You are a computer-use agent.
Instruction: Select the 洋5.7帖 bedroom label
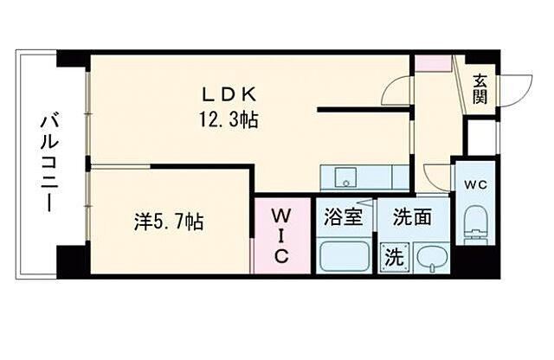[170, 222]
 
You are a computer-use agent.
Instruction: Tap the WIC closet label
[282, 235]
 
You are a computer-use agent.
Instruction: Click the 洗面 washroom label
[411, 217]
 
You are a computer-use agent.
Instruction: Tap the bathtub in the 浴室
[343, 256]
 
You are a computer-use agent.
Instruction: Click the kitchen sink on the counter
[343, 177]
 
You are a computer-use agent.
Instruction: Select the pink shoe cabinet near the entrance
[432, 63]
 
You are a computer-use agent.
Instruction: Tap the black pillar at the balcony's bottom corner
[72, 260]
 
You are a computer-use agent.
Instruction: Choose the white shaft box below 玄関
[482, 135]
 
